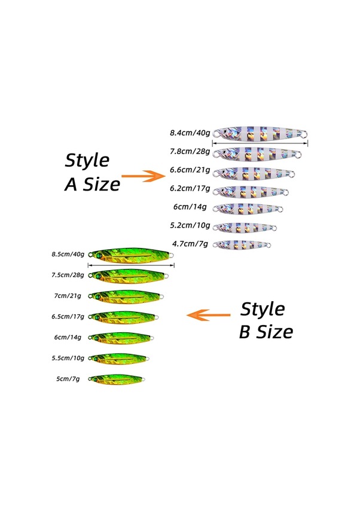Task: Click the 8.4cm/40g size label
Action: (x=190, y=133)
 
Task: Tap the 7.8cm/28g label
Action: (x=190, y=152)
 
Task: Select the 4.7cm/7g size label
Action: (x=190, y=244)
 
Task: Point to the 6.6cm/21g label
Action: (x=190, y=170)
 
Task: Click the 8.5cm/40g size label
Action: (x=68, y=254)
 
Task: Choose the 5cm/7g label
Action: (x=68, y=379)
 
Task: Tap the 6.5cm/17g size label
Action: (x=68, y=317)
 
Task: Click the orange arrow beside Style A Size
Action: (x=144, y=176)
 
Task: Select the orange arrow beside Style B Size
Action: (x=208, y=315)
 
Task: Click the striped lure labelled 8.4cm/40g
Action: (x=260, y=134)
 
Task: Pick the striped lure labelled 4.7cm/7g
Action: (x=242, y=244)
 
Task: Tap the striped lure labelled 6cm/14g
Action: (x=248, y=209)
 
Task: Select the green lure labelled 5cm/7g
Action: (x=117, y=379)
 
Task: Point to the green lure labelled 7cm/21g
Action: (x=126, y=296)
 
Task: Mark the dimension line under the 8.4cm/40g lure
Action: (x=260, y=143)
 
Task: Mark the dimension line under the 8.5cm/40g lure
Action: (x=131, y=265)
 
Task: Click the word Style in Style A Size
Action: (x=87, y=161)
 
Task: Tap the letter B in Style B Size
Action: (x=245, y=332)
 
